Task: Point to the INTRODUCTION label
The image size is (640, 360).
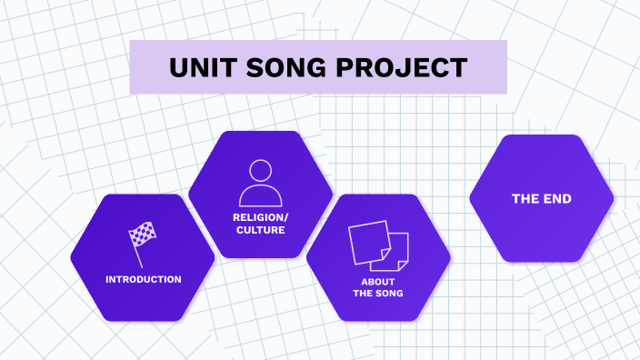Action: pyautogui.click(x=143, y=279)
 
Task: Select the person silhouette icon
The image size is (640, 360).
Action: pyautogui.click(x=260, y=183)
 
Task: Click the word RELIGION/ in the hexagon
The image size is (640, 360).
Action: pyautogui.click(x=260, y=218)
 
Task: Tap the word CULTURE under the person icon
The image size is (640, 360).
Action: pyautogui.click(x=260, y=231)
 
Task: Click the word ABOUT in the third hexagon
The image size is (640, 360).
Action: pyautogui.click(x=378, y=282)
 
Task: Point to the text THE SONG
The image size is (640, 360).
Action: pyautogui.click(x=378, y=294)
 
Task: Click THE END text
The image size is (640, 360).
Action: pyautogui.click(x=541, y=199)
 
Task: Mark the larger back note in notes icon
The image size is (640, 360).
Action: pyautogui.click(x=367, y=239)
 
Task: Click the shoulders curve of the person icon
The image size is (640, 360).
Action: pyautogui.click(x=260, y=196)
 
